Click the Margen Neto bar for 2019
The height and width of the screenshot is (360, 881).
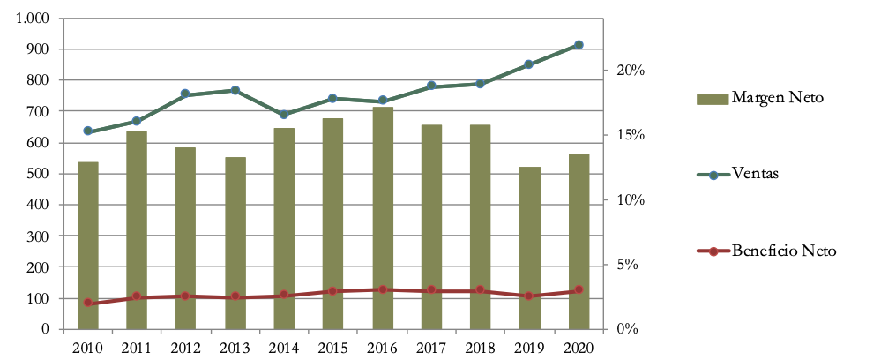point(529,248)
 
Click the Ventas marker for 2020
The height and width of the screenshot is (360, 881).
point(579,45)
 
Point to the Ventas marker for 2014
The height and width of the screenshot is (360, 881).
point(284,115)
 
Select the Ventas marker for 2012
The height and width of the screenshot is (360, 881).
point(186,94)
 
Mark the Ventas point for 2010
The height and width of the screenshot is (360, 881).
point(88,131)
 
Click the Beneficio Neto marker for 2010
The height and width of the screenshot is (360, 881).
point(88,303)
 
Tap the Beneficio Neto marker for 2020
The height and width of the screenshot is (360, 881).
point(579,290)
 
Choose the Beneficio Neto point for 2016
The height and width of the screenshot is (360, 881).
point(382,289)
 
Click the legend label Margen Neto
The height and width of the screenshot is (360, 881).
point(777,97)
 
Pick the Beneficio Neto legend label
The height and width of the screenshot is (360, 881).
point(783,251)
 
